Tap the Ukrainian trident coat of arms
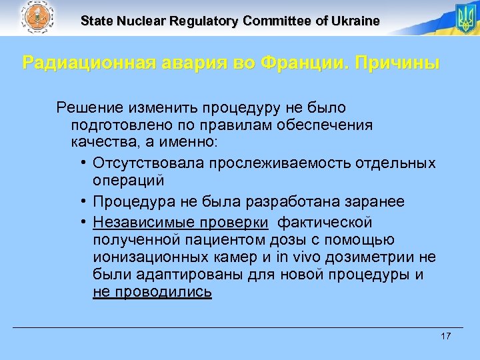pos(464,18)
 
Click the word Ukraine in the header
pos(355,21)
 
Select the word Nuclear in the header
pos(143,21)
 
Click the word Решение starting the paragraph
pos(87,107)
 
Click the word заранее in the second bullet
pos(372,201)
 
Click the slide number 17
pos(445,335)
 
